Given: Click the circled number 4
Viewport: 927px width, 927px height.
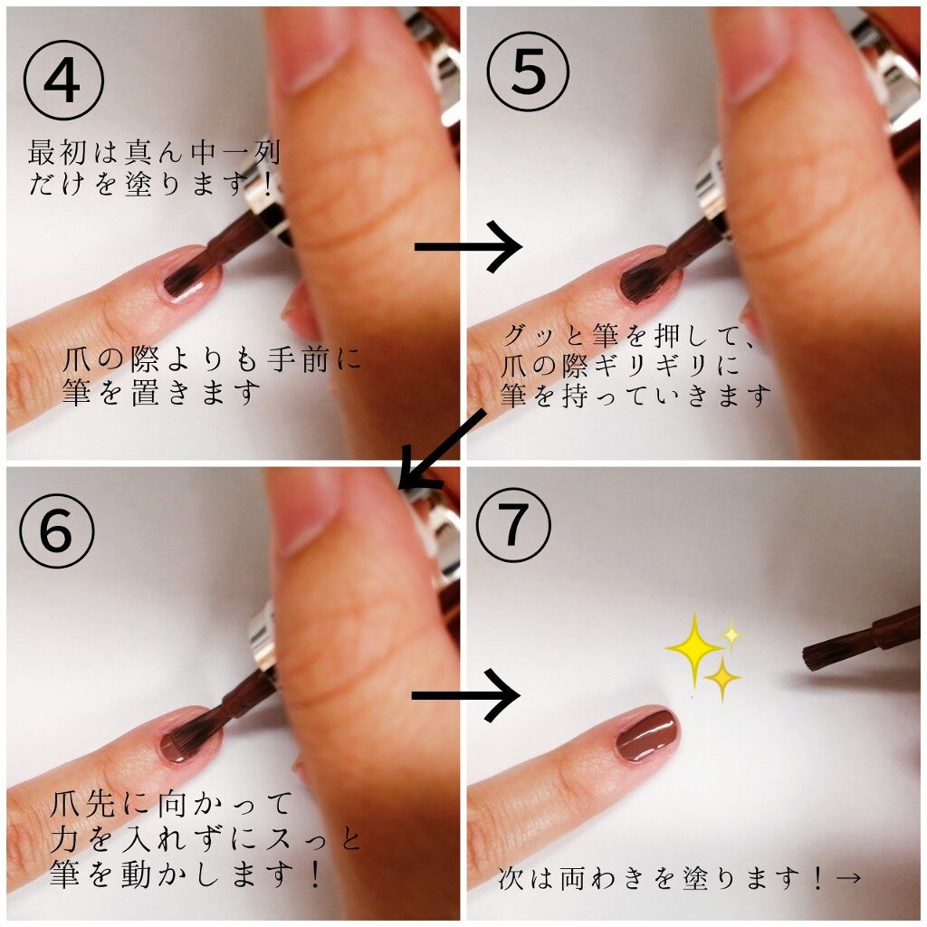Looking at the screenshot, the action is [x=64, y=80].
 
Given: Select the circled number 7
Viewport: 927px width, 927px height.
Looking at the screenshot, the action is [x=514, y=525].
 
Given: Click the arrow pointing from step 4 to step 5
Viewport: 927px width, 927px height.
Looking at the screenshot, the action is [x=468, y=246].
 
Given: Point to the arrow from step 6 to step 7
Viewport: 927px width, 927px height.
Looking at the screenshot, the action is [x=466, y=696].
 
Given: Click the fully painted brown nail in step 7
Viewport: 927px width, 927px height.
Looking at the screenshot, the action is [x=647, y=733].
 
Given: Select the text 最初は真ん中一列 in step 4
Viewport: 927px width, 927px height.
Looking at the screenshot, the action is [x=154, y=152].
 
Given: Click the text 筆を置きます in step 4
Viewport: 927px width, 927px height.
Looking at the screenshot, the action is [x=161, y=393].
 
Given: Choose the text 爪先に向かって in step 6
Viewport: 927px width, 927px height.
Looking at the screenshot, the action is [x=171, y=804].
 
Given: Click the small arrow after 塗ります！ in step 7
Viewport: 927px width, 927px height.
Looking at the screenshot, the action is [x=847, y=878].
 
